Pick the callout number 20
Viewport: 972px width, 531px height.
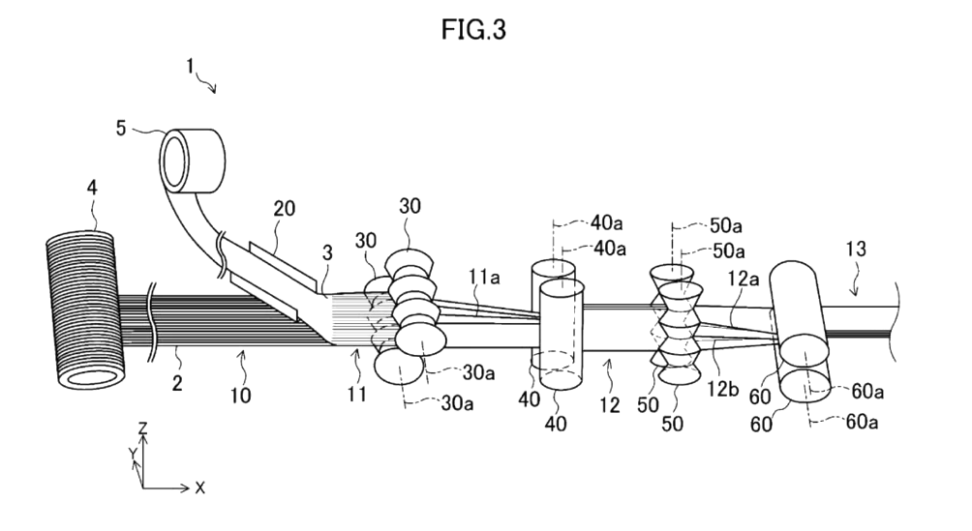tap(285, 208)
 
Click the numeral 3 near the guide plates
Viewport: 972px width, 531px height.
tap(328, 253)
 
